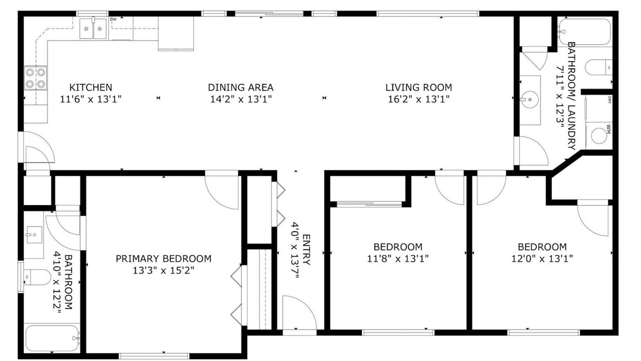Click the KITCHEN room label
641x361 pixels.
pos(91,87)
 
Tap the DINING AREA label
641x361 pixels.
pos(241,87)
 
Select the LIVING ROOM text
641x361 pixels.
pos(419,87)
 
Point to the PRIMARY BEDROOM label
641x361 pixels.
pos(163,258)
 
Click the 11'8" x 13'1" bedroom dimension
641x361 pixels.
pos(398,259)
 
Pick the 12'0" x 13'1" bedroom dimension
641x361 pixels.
pos(542,259)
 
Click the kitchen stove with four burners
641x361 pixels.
pos(36,78)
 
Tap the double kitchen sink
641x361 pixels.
pos(93,29)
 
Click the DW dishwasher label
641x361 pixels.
pos(113,20)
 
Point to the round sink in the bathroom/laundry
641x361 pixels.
pos(529,99)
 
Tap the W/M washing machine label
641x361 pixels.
pos(608,129)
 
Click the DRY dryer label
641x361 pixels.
pos(609,100)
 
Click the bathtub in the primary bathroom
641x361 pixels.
pos(52,338)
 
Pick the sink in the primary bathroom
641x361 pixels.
pos(35,235)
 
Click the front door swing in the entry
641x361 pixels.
pos(299,312)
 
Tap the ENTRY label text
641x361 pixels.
pos(306,250)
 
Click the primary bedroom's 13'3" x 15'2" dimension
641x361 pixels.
pos(163,270)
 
